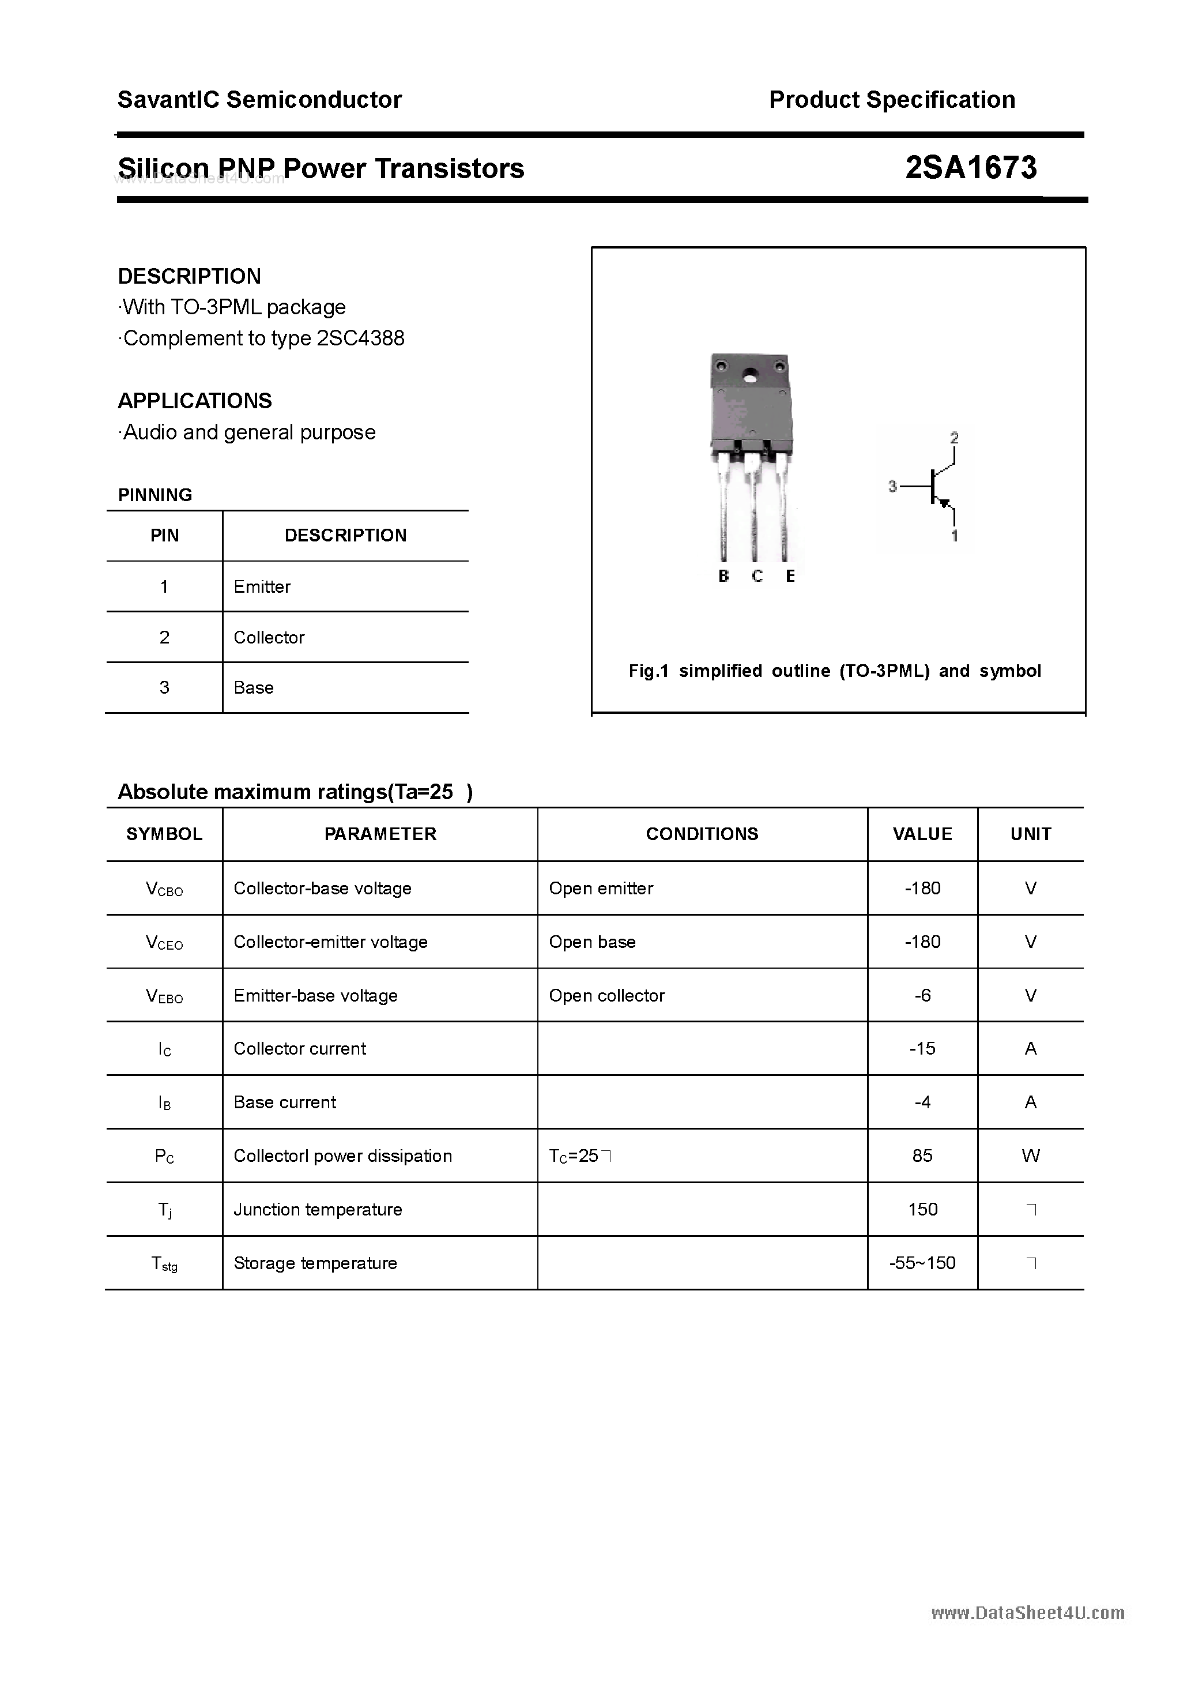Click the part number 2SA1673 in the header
[970, 168]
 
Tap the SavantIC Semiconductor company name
[259, 100]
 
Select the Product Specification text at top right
[891, 100]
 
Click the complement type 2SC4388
[360, 338]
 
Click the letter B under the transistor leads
[723, 577]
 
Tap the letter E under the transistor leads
[790, 577]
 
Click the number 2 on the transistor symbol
[954, 438]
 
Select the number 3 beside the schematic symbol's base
[892, 486]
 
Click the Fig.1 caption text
[834, 671]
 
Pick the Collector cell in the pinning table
[269, 637]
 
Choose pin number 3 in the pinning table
[164, 688]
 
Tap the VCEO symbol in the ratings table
[164, 942]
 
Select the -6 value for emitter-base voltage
[922, 996]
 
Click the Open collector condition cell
[606, 996]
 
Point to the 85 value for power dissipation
[922, 1156]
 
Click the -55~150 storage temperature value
[922, 1263]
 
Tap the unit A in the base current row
[1030, 1102]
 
